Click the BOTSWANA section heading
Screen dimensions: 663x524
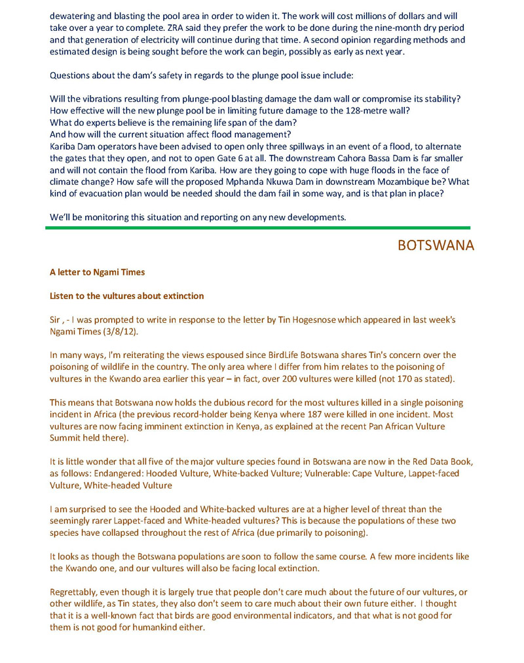point(436,245)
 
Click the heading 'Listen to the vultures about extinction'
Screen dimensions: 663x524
point(126,296)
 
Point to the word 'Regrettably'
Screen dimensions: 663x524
point(74,592)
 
